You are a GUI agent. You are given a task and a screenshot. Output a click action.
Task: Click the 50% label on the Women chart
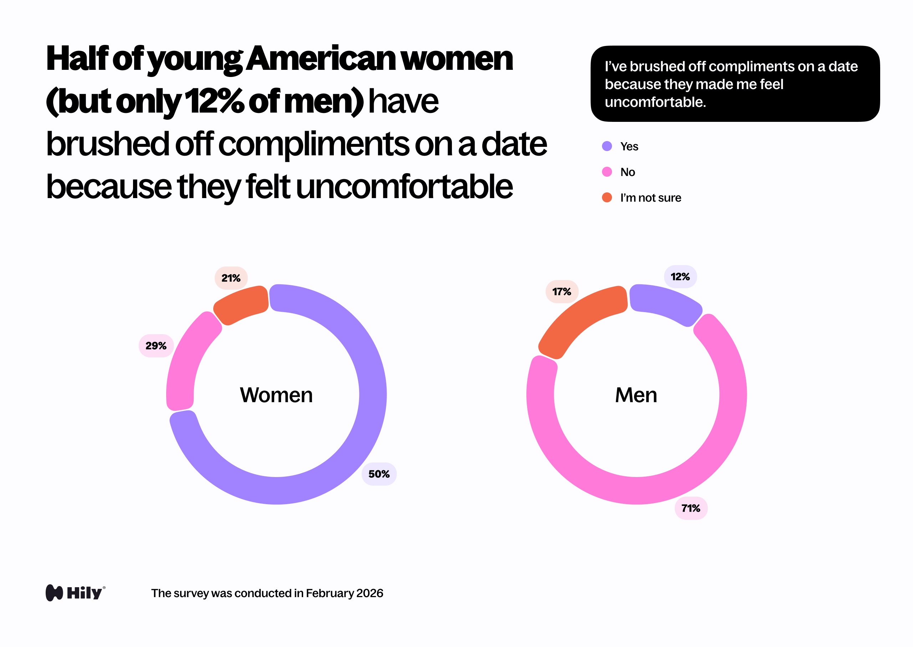379,474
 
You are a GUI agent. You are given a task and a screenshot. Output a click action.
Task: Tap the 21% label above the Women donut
231,278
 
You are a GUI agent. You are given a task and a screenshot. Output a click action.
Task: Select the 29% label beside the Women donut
156,346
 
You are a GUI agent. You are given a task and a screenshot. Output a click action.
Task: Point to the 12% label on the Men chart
680,277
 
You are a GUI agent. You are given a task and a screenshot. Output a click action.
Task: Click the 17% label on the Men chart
562,292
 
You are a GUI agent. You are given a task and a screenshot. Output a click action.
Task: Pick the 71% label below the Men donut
691,508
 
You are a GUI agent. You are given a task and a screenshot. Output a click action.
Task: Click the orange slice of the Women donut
241,305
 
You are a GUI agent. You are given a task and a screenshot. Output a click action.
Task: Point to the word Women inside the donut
276,395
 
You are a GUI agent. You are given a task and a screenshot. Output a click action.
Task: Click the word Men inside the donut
636,395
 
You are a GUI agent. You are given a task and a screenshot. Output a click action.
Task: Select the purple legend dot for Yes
607,146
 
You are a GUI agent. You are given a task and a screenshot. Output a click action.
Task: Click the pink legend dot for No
607,172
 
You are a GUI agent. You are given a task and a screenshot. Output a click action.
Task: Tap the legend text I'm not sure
650,198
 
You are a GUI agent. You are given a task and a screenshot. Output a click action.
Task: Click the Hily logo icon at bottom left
54,593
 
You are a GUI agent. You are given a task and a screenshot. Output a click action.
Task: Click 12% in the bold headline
214,101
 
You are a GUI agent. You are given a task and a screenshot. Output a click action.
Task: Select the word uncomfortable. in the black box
655,102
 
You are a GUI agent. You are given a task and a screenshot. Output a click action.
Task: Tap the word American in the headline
321,59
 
